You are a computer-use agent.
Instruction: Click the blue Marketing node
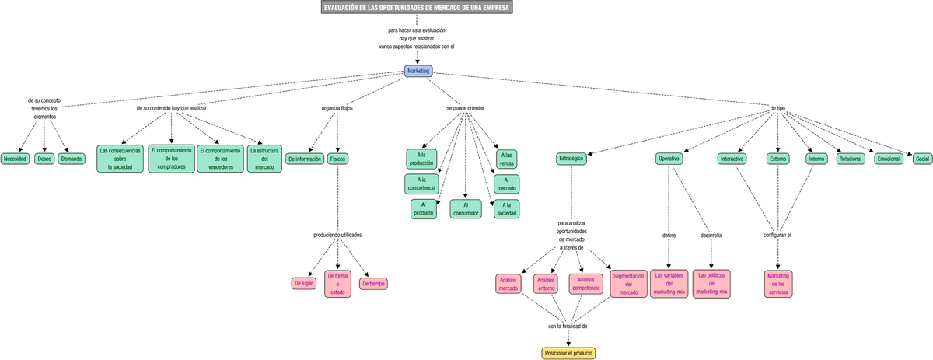(x=418, y=71)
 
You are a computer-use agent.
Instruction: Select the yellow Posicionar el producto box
(x=568, y=353)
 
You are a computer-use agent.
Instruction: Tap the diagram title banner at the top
(x=417, y=8)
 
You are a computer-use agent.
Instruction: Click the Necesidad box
(x=15, y=159)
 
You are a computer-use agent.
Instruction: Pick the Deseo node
(x=44, y=159)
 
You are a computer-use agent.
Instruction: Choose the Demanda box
(x=72, y=159)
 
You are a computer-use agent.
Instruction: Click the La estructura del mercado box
(x=264, y=158)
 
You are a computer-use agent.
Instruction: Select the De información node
(x=304, y=159)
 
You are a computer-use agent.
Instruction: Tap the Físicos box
(x=337, y=159)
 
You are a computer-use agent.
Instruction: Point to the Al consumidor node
(x=466, y=209)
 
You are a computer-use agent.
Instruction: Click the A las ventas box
(x=507, y=159)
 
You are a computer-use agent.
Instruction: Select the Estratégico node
(x=571, y=159)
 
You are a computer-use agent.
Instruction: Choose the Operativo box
(x=669, y=159)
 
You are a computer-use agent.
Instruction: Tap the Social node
(x=922, y=159)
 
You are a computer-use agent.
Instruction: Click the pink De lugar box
(x=303, y=284)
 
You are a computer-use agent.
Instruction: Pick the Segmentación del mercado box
(x=628, y=284)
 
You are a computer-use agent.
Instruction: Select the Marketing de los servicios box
(x=777, y=284)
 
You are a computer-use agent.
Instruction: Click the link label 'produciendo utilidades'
(x=337, y=235)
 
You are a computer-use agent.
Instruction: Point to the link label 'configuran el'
(x=777, y=235)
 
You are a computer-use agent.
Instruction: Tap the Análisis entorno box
(x=546, y=284)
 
